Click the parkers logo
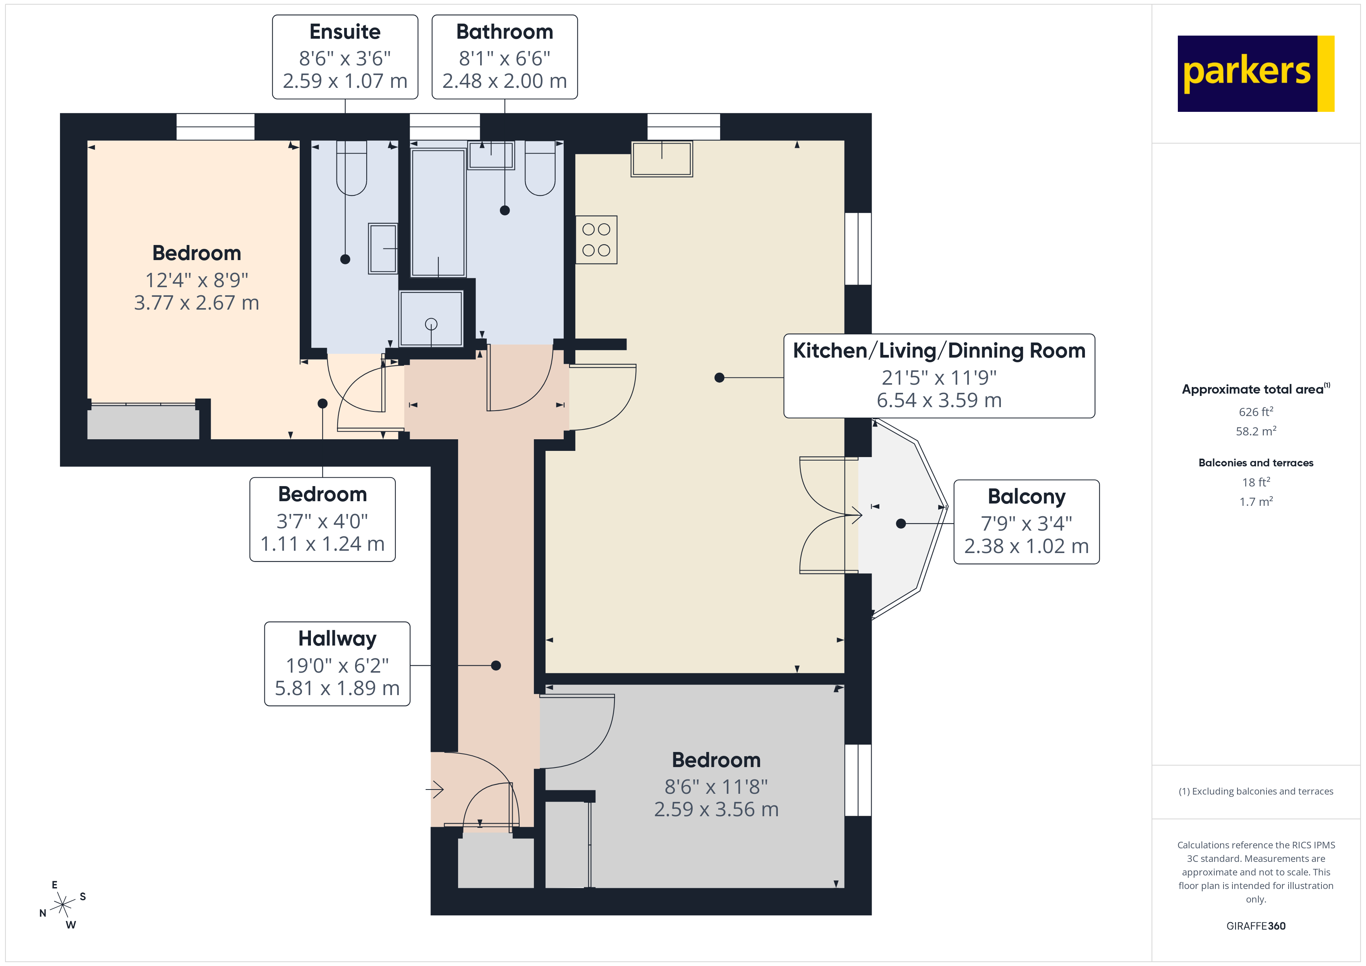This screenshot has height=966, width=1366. coord(1255,73)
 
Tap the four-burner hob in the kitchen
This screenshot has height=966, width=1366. coord(596,240)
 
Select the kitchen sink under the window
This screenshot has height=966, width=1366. coord(662,159)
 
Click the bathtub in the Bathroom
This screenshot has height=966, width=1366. coord(438,212)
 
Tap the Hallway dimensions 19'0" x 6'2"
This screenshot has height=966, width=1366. coord(337,665)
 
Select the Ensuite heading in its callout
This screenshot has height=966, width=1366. coord(345,31)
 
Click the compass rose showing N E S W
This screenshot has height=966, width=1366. coord(62,905)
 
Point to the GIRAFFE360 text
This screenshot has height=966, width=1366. coord(1255,926)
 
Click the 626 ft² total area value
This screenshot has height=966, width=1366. coord(1255,412)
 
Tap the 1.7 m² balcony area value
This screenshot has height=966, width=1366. coord(1255,502)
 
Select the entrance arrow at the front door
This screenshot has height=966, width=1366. coord(435,790)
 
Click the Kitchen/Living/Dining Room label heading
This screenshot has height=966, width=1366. coord(939,351)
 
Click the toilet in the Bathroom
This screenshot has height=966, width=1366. coord(540,170)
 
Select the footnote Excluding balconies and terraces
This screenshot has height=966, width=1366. coord(1255,791)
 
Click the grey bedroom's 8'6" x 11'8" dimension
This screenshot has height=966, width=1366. coord(716,786)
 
